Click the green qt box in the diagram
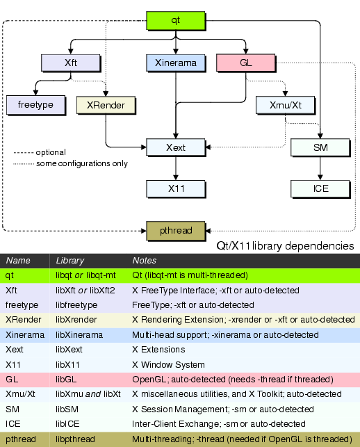(177, 20)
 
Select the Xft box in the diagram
(70, 63)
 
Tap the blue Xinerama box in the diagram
(177, 63)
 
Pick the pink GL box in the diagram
(245, 63)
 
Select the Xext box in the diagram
(176, 147)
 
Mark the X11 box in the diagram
(176, 188)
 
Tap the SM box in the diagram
(320, 147)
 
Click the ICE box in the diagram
(320, 188)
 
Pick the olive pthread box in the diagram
(176, 229)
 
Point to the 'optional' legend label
(51, 152)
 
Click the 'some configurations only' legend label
(82, 163)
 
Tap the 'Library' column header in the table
(69, 260)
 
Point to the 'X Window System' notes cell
(168, 364)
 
